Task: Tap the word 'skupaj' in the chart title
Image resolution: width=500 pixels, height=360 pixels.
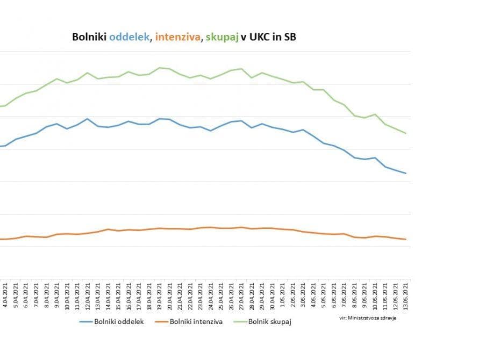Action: point(220,37)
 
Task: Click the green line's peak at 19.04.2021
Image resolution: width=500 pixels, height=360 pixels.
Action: point(159,68)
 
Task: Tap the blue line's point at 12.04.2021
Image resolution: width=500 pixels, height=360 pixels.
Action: point(87,119)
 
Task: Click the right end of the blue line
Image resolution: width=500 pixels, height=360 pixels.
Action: point(405,173)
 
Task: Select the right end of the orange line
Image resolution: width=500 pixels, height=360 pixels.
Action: point(405,239)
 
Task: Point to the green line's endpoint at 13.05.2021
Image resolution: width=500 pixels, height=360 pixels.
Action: point(405,133)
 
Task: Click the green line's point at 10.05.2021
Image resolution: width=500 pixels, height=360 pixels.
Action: point(375,114)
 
